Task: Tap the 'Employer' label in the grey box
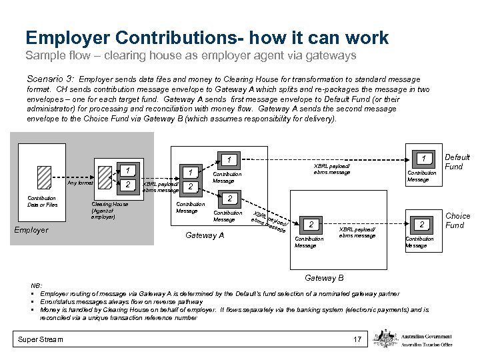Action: (x=31, y=230)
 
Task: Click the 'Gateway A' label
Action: (x=204, y=235)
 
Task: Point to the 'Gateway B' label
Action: (x=324, y=277)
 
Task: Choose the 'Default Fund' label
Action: (x=457, y=161)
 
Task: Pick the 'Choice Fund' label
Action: (x=457, y=220)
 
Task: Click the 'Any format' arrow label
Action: (x=80, y=182)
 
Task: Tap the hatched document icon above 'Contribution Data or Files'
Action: (x=44, y=178)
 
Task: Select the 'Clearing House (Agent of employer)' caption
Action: (x=103, y=210)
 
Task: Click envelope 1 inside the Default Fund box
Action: (x=423, y=158)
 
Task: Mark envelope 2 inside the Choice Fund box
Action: (x=421, y=225)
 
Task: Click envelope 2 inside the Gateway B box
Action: (x=310, y=225)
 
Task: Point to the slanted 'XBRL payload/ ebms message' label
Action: (x=271, y=218)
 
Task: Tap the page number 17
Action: (x=357, y=340)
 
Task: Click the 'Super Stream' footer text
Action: (x=41, y=340)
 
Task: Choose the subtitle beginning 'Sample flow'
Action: (x=190, y=54)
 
